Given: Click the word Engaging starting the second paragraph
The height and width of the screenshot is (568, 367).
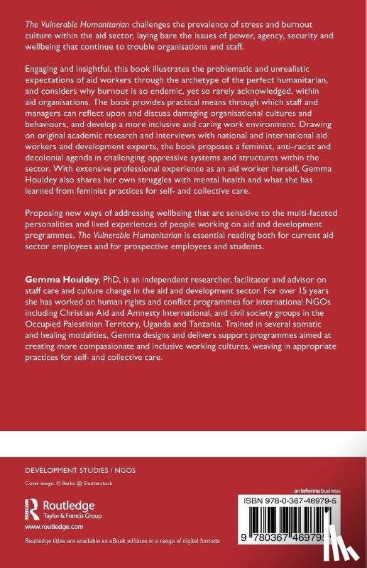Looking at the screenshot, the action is (x=45, y=72).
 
